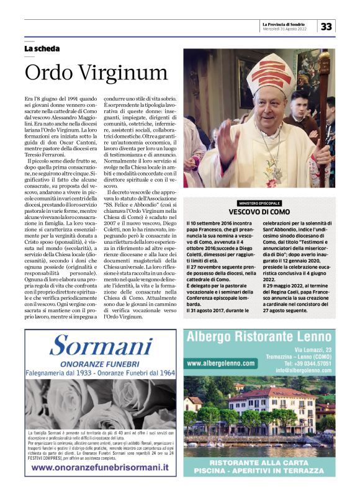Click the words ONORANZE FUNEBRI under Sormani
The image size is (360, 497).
[x=101, y=364]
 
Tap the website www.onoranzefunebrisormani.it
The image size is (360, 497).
[x=101, y=467]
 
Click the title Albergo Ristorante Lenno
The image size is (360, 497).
[x=261, y=338]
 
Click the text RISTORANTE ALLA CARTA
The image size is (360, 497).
[x=261, y=463]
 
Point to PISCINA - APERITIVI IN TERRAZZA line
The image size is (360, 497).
[x=261, y=473]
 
